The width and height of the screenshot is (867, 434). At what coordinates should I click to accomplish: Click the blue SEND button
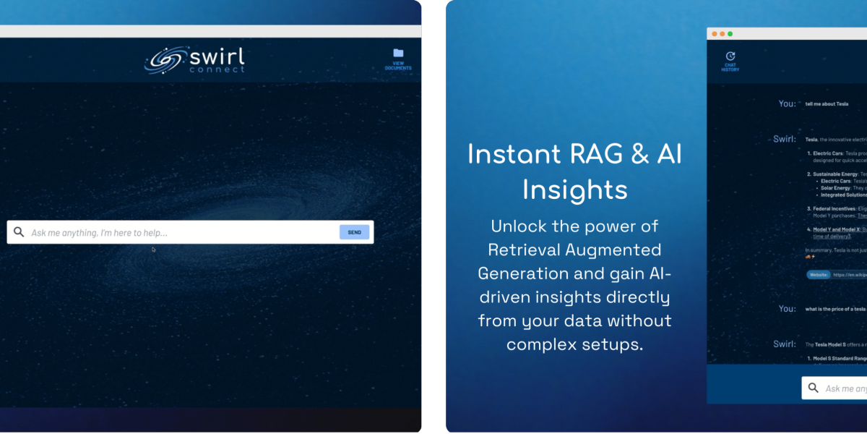[354, 232]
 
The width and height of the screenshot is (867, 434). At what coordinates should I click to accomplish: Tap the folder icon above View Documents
[398, 53]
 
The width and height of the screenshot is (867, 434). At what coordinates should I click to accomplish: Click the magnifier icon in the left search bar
[19, 232]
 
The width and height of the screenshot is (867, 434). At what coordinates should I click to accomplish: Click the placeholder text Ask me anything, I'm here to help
[99, 232]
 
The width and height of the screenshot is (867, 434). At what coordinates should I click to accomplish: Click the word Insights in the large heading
[574, 189]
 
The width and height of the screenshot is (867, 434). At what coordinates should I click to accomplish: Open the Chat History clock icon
[730, 56]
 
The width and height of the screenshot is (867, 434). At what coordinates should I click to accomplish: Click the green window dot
[730, 34]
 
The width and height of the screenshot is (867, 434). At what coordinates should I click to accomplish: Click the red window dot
[715, 34]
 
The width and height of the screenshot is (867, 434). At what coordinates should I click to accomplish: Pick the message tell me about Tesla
[827, 104]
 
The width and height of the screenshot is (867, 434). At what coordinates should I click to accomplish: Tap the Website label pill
[818, 275]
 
